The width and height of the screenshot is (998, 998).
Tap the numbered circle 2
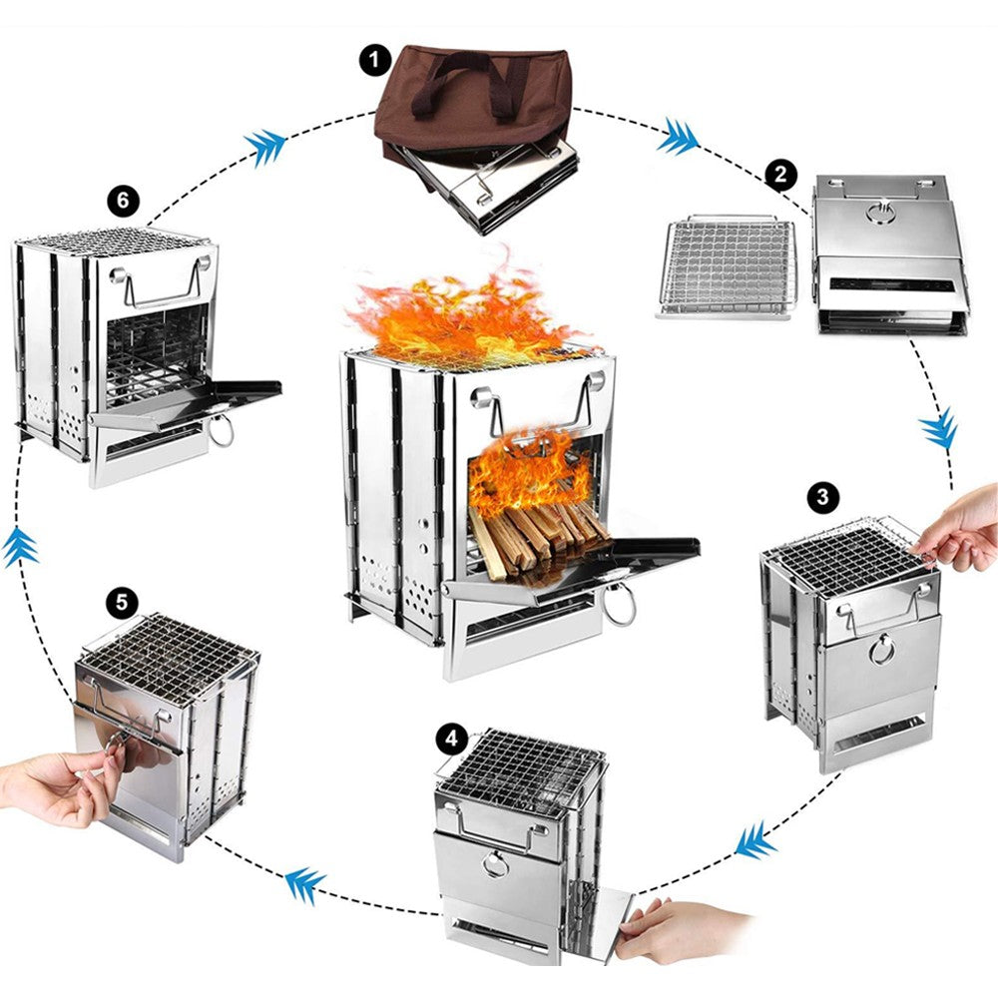pos(781,176)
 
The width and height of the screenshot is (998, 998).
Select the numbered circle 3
pos(821,496)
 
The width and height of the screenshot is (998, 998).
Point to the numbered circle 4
pos(451,740)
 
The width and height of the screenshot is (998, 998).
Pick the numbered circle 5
pos(122,603)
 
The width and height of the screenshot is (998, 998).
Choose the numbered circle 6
pos(122,201)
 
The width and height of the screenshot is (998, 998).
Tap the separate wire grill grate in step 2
pos(728,266)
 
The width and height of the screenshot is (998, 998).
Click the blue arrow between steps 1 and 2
pos(678,137)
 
